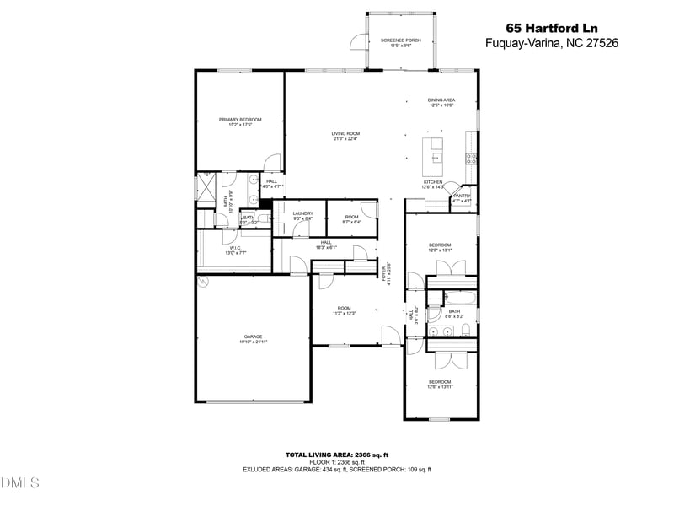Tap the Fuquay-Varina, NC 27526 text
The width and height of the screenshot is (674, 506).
click(552, 43)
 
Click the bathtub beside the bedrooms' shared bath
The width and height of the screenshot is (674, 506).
click(459, 297)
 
